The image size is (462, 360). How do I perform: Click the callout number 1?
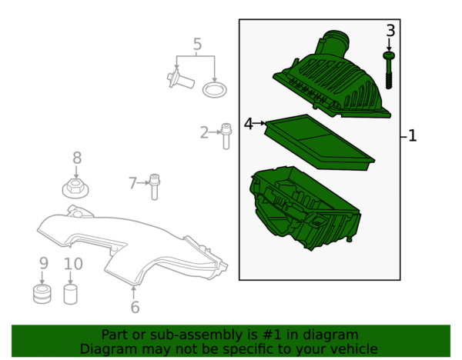tap(413, 135)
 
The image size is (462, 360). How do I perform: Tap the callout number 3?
tap(390, 31)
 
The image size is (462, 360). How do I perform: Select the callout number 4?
tap(249, 124)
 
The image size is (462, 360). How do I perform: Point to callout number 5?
tap(197, 44)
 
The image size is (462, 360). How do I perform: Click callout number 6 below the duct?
tap(135, 307)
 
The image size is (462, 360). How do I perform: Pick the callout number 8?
tap(77, 158)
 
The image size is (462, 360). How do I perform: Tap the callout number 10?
tap(73, 264)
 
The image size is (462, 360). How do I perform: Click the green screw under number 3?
tap(389, 70)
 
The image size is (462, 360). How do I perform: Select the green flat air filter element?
tap(320, 142)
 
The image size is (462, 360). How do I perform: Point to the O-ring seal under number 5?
tap(215, 89)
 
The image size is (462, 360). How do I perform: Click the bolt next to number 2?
tap(226, 136)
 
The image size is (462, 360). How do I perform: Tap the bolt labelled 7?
tap(155, 187)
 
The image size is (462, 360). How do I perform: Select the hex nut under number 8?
tap(75, 188)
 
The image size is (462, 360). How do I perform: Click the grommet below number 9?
tap(42, 294)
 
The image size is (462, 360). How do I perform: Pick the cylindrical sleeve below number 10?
tap(70, 295)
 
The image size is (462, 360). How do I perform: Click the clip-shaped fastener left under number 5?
tap(180, 79)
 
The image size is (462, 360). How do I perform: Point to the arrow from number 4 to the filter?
tap(259, 123)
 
